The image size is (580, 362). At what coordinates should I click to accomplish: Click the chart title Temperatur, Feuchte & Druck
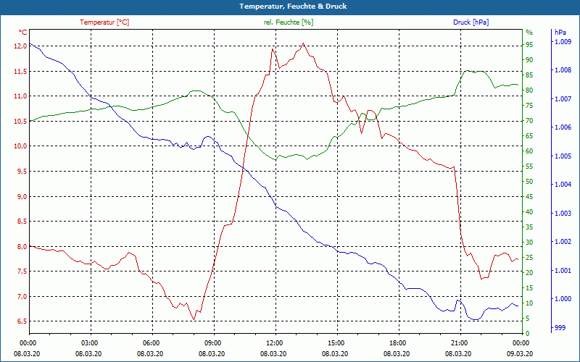coord(290,6)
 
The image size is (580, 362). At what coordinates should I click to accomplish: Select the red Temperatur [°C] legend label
coord(104,22)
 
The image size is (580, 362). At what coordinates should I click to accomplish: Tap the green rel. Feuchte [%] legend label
coord(289,22)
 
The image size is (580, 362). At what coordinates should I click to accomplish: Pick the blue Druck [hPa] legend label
coord(471,22)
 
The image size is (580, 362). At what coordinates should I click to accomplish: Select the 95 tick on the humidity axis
coord(529,45)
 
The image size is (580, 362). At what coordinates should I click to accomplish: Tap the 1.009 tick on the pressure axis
coord(563,42)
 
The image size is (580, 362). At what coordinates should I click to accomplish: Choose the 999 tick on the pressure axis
coord(560,328)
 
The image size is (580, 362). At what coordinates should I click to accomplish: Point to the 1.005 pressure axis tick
coord(563,156)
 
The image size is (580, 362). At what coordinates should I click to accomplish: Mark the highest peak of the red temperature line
coord(303,44)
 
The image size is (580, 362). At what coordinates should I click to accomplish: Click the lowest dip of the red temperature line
coord(194,319)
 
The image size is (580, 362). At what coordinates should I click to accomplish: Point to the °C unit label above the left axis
coord(23,33)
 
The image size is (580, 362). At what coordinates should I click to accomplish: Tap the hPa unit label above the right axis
coord(560,33)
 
